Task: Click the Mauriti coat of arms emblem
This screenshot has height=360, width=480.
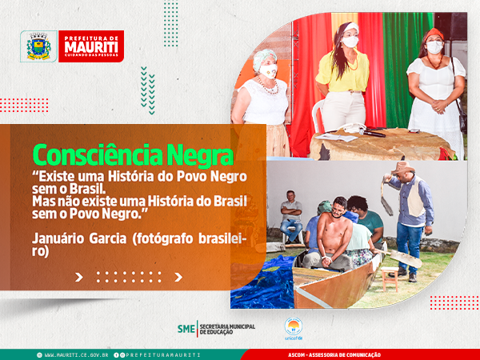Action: [38, 46]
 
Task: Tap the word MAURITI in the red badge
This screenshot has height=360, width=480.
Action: [91, 47]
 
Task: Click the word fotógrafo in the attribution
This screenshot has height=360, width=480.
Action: [162, 238]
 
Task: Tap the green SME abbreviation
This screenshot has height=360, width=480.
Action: [186, 329]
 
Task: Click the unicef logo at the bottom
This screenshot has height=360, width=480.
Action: [294, 329]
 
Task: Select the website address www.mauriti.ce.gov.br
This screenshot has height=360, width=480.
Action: [76, 355]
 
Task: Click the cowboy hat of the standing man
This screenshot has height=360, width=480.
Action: [402, 167]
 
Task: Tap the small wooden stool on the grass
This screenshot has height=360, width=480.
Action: [389, 278]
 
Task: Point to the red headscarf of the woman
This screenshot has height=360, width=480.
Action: [434, 34]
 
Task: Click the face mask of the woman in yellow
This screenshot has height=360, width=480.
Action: [350, 42]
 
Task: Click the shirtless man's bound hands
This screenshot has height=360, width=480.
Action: [326, 261]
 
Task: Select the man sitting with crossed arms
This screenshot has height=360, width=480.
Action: [291, 215]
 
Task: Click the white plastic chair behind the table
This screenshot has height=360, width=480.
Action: [318, 116]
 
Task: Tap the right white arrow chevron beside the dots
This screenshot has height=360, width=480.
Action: [178, 277]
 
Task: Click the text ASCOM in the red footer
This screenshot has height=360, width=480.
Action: [296, 355]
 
